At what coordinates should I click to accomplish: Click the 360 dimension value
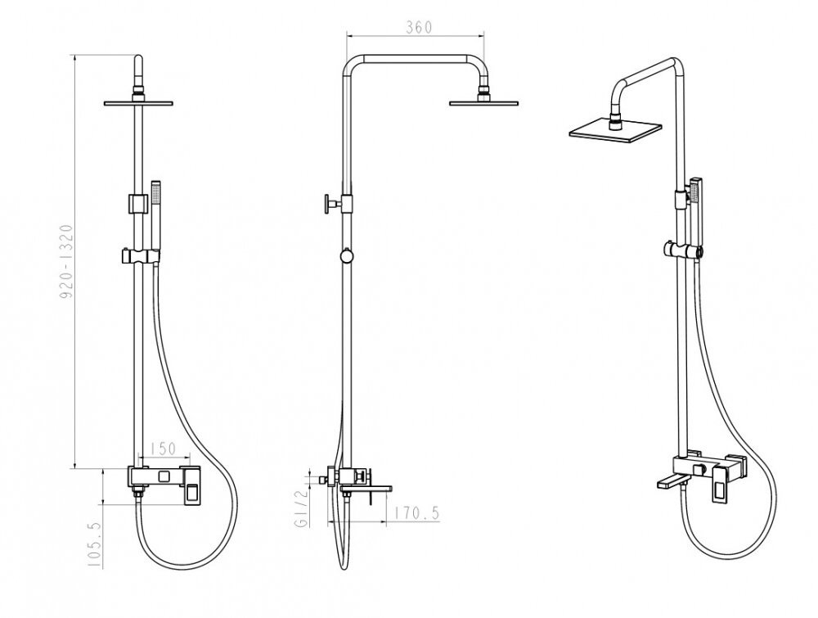pos(420,27)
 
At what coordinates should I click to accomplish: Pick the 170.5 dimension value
pos(416,513)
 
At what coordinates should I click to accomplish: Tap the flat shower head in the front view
pos(138,103)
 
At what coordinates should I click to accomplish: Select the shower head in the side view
pos(484,102)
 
